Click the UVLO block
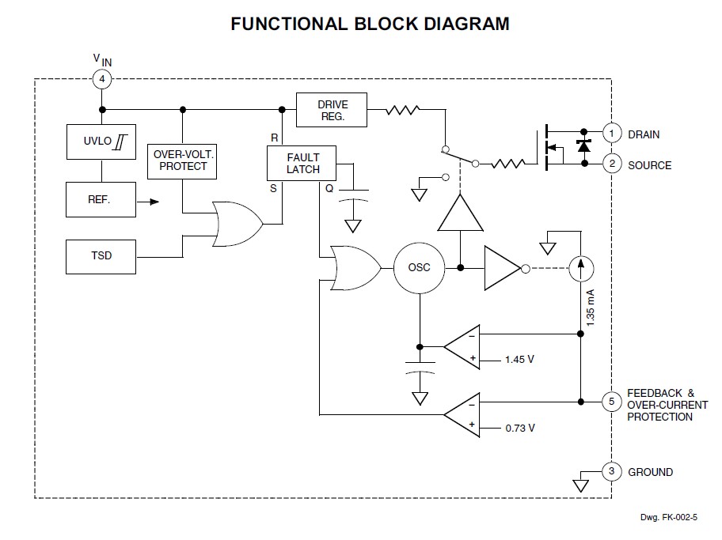pos(101,143)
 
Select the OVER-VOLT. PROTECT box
pos(182,160)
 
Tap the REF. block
pos(101,201)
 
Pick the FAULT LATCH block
pos(303,164)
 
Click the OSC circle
pos(419,268)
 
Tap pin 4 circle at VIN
pos(101,79)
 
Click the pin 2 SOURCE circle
pos(611,164)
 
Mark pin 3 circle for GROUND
pos(611,472)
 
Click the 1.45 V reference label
pos(519,359)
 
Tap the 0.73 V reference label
pos(519,428)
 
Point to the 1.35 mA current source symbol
pos(580,269)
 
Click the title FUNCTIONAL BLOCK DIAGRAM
pos(370,24)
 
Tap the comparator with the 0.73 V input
pos(462,413)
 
